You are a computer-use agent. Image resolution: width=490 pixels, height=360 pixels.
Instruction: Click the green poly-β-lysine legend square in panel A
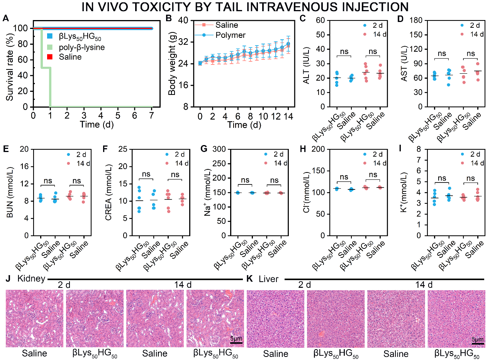49,47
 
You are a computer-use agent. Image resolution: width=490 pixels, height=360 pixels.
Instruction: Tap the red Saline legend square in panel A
49,57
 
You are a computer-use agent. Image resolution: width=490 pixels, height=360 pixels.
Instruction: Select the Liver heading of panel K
268,279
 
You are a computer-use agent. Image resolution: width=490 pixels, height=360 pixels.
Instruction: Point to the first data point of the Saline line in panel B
200,63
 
